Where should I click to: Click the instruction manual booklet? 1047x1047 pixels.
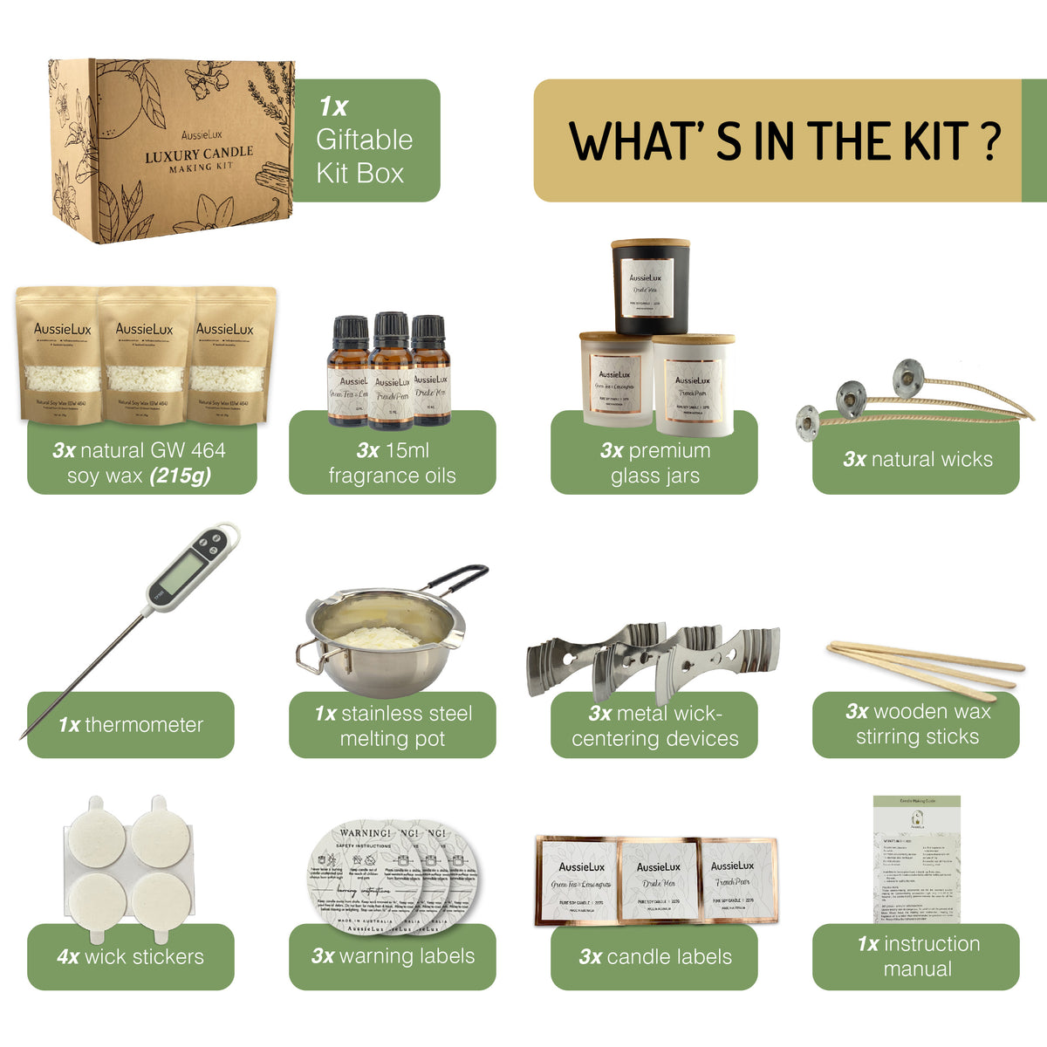pyautogui.click(x=916, y=859)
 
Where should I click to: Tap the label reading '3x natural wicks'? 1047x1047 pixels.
pyautogui.click(x=916, y=459)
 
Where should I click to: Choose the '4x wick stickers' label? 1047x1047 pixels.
pyautogui.click(x=131, y=956)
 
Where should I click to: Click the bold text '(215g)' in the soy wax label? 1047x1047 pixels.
pyautogui.click(x=180, y=476)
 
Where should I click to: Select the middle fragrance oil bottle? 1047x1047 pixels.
pyautogui.click(x=392, y=371)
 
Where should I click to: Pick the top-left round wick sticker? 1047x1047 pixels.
pyautogui.click(x=99, y=837)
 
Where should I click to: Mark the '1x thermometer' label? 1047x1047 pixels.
pyautogui.click(x=131, y=724)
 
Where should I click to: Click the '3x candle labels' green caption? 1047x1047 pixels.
pyautogui.click(x=654, y=956)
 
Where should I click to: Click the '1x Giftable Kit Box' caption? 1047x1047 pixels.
pyautogui.click(x=365, y=140)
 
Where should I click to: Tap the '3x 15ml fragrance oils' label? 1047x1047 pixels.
pyautogui.click(x=393, y=462)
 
